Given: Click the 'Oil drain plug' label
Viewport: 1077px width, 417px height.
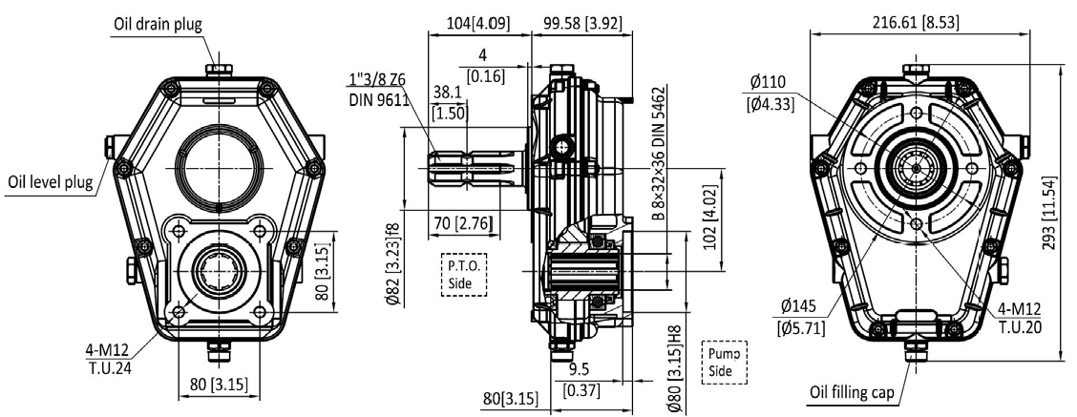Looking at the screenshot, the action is (158, 26).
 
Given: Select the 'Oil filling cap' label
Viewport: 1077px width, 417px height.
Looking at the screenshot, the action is (852, 393).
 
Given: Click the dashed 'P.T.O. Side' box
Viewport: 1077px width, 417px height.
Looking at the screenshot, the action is (464, 274).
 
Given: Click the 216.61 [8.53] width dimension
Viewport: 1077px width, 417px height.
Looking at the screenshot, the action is (916, 23).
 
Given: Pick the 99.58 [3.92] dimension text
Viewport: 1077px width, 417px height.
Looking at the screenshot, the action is (582, 23).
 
